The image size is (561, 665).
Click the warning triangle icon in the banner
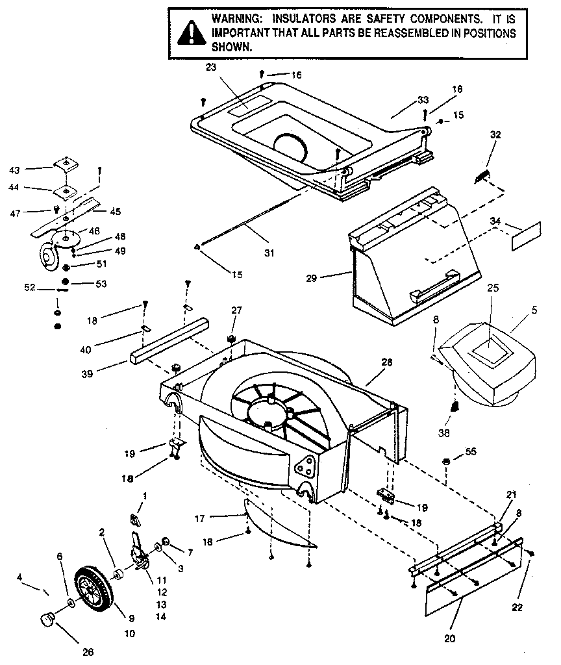tap(190, 33)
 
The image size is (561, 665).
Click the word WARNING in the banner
tap(235, 19)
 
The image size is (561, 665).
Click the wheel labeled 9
tap(97, 589)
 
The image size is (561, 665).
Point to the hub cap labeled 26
tap(48, 620)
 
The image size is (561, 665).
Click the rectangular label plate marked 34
tap(526, 236)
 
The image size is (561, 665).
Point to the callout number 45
tap(115, 211)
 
